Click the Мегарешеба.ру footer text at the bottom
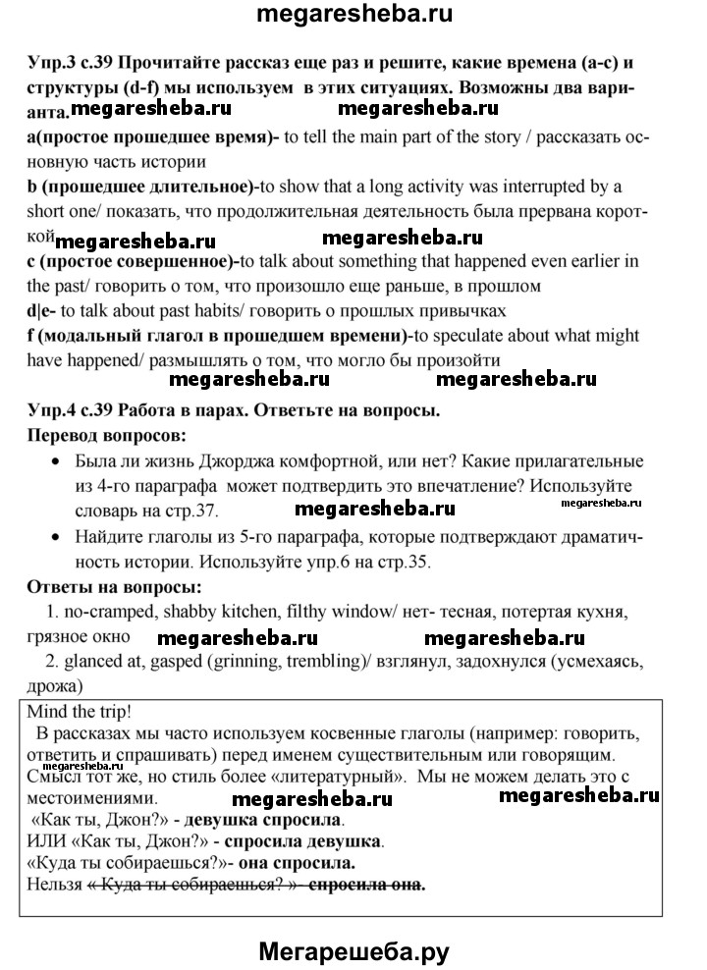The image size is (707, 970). (x=353, y=948)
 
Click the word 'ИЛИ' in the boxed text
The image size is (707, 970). (x=45, y=841)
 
